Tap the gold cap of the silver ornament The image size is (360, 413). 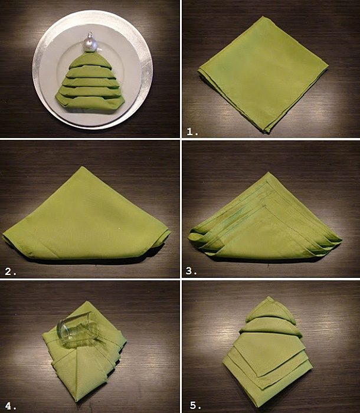[90, 34]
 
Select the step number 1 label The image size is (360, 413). [192, 132]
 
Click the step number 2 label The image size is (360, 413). [11, 271]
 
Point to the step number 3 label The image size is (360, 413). [191, 271]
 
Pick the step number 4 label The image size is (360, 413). [11, 406]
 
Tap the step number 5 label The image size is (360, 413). [195, 405]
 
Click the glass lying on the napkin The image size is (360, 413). [78, 330]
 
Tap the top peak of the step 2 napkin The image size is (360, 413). [83, 167]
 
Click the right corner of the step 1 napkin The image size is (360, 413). [328, 66]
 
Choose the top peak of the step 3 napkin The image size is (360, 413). [268, 173]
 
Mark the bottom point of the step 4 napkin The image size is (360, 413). [77, 401]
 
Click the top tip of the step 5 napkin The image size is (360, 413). [269, 297]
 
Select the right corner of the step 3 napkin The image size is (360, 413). [341, 240]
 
